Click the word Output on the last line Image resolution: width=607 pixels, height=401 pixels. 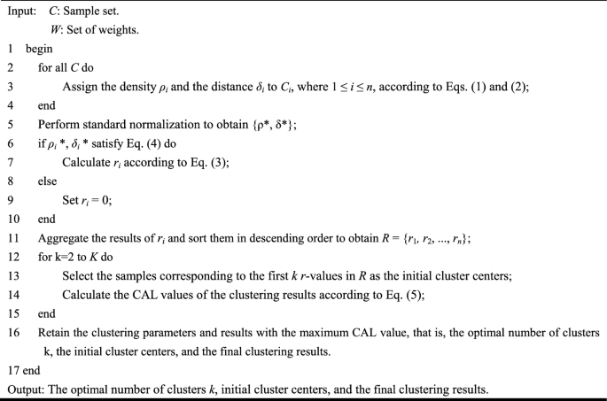(x=27, y=388)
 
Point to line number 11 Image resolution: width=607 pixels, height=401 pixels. (x=12, y=238)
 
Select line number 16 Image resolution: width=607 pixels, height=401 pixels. (x=12, y=332)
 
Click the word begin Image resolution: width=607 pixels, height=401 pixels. (x=40, y=49)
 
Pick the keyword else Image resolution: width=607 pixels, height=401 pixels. (x=48, y=181)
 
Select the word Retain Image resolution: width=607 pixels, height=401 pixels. (x=54, y=332)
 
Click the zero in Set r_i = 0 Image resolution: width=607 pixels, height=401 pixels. (x=108, y=200)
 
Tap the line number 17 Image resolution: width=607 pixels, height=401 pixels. (x=12, y=370)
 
